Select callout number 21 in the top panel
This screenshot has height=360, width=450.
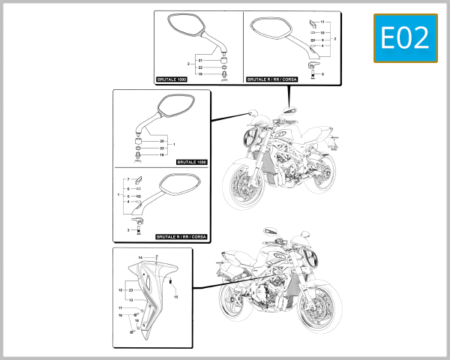click(201, 59)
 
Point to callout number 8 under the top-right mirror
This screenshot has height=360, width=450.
click(322, 74)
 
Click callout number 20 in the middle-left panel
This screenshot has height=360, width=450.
click(162, 141)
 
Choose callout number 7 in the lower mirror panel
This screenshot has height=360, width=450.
click(128, 180)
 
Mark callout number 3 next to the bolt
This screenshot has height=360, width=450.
click(128, 230)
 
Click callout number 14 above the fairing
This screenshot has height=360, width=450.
click(140, 258)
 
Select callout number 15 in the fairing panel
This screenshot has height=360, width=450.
click(176, 297)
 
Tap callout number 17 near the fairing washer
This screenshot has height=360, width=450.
click(120, 308)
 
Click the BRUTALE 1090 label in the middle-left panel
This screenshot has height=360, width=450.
click(191, 161)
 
